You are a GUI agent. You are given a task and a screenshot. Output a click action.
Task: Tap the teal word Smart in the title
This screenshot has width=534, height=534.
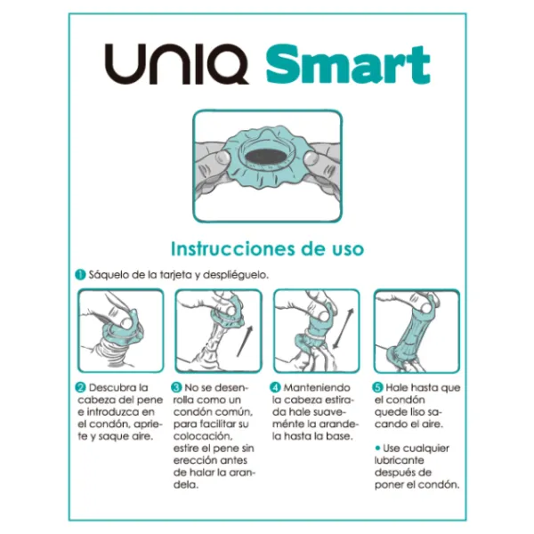[347, 64]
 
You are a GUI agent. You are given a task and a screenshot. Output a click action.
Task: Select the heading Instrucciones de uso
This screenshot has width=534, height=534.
[266, 248]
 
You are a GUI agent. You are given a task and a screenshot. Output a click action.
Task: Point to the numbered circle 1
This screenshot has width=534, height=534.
[79, 275]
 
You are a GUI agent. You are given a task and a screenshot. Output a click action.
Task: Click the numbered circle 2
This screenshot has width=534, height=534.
[79, 388]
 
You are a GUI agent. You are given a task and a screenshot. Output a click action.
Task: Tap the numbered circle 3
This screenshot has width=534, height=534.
[177, 388]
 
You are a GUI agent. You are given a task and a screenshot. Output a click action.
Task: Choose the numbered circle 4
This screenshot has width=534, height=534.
[276, 388]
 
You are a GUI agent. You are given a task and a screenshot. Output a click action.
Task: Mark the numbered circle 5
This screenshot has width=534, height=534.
[377, 388]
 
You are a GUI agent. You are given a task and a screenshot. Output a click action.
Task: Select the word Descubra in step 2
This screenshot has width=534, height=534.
[112, 388]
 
